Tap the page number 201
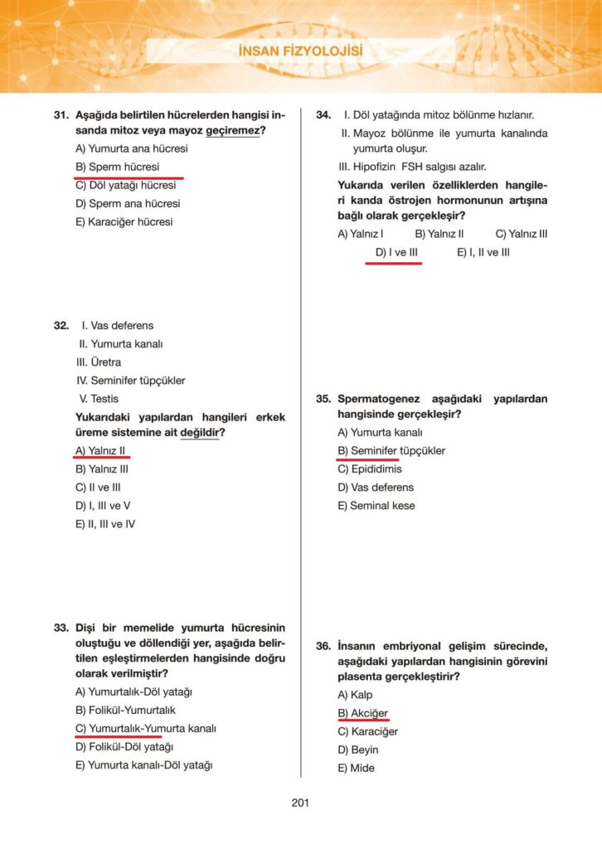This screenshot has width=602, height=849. [x=300, y=802]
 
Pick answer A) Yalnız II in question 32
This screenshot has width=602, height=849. [x=100, y=450]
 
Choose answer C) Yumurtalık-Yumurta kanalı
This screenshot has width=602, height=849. [x=145, y=729]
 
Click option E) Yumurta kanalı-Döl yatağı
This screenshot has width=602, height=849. [x=143, y=765]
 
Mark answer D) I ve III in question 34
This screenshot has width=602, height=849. [x=396, y=252]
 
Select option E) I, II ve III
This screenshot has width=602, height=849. [x=483, y=252]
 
